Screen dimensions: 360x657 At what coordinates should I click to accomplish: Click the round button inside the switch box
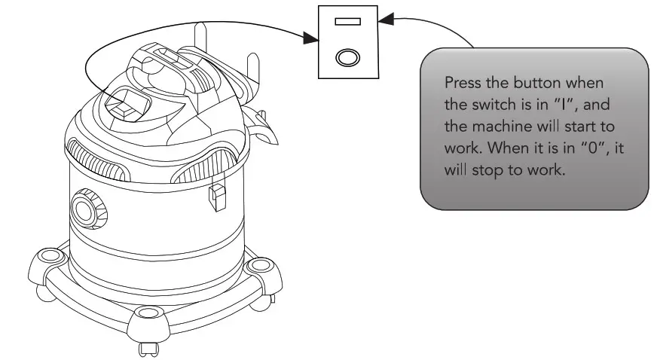pyautogui.click(x=347, y=56)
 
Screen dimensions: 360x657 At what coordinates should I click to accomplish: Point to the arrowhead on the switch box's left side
pyautogui.click(x=310, y=37)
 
